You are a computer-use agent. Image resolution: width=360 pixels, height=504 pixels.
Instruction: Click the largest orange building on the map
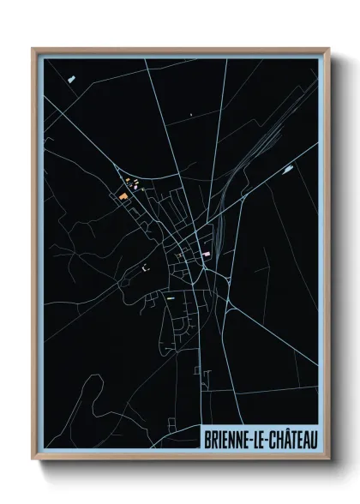(123, 196)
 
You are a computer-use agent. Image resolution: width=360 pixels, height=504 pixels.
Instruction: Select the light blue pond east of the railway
(286, 170)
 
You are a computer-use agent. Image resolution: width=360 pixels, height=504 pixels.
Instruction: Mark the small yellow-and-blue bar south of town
(170, 298)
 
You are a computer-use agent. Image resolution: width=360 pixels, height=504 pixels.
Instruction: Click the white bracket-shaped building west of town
(145, 267)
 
